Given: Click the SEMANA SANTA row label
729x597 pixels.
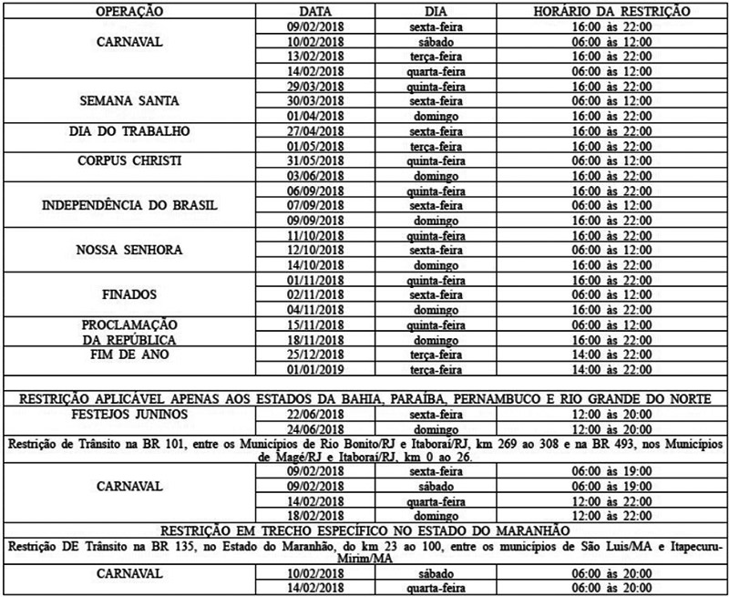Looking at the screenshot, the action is pos(128,101).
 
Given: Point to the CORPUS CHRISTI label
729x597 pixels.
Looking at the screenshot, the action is pos(128,161).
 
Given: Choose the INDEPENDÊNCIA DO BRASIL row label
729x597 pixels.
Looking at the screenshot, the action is pos(128,205).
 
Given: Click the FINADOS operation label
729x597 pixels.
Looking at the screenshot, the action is pos(128,295).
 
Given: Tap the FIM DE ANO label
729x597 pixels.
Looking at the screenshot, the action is pos(128,355).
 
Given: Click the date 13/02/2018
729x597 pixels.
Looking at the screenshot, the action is pos(314,57).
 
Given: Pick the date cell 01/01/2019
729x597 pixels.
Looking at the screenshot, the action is pos(314,370).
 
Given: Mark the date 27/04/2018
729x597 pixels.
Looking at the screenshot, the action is pos(314,131).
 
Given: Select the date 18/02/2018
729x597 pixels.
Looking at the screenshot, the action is pos(314,515).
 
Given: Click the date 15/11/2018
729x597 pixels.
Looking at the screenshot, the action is pos(314,325).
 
